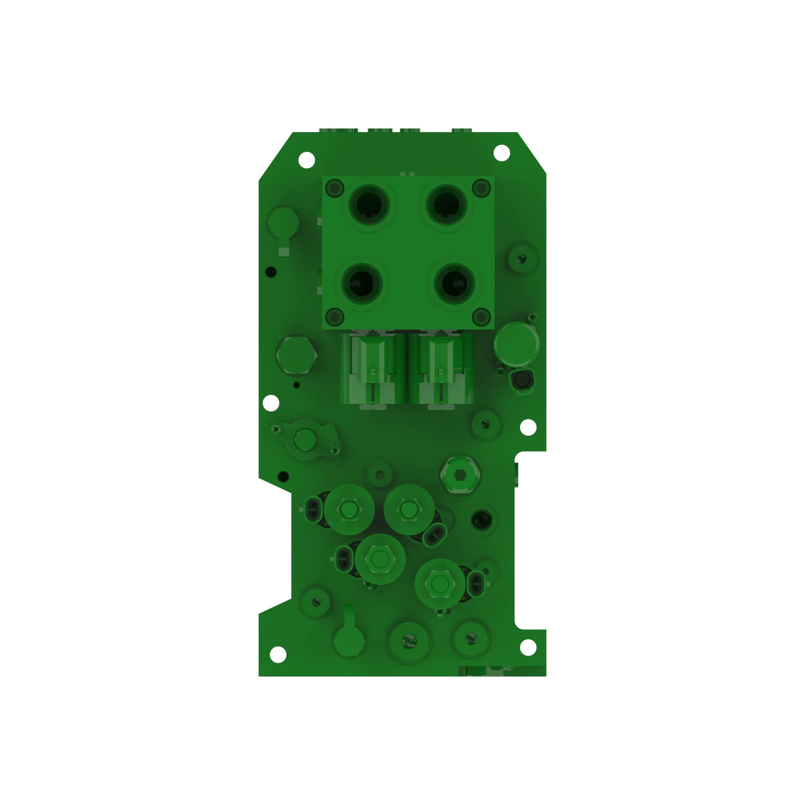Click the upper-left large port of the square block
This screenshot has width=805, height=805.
coord(369,205)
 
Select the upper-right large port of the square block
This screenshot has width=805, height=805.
coord(446,205)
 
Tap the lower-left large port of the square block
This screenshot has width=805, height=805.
coord(362,283)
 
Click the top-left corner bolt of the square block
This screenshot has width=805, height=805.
coord(334,188)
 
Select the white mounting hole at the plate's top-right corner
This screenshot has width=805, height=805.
coord(502,153)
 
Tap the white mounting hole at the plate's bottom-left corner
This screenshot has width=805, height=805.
coord(278,654)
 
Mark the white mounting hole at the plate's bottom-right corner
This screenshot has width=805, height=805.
coord(528,647)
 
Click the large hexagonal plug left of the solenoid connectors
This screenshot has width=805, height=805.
coord(296,355)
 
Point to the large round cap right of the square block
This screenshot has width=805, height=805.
coord(516,344)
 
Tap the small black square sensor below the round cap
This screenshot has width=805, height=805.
coord(522,379)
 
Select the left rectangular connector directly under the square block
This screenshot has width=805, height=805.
coord(372,369)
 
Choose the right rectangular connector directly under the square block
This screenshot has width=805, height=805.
coord(441,369)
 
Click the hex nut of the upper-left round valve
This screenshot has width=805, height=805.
coord(349,509)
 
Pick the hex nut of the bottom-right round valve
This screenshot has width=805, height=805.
coord(440,584)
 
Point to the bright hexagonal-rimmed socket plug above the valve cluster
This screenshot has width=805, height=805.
coord(460,475)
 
